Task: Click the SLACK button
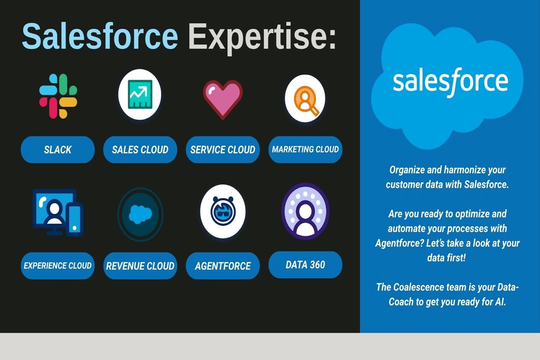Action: click(x=58, y=149)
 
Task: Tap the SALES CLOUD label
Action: click(x=140, y=149)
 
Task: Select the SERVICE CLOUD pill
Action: click(x=223, y=149)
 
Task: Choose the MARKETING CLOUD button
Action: click(x=305, y=149)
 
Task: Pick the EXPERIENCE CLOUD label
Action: click(x=58, y=266)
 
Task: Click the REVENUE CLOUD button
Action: click(x=140, y=266)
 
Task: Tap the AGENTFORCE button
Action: click(x=223, y=266)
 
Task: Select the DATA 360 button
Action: click(x=305, y=265)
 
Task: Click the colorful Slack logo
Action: click(x=58, y=96)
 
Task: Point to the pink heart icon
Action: click(x=223, y=99)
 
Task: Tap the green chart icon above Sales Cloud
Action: click(x=140, y=94)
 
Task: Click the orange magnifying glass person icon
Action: click(x=305, y=98)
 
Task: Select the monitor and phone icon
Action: click(x=58, y=212)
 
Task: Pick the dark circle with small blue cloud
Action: click(x=140, y=214)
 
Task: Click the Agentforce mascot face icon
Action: click(x=223, y=211)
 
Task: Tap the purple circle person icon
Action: click(x=305, y=211)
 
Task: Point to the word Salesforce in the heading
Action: click(x=100, y=36)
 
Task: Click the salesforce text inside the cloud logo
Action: click(x=450, y=82)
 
